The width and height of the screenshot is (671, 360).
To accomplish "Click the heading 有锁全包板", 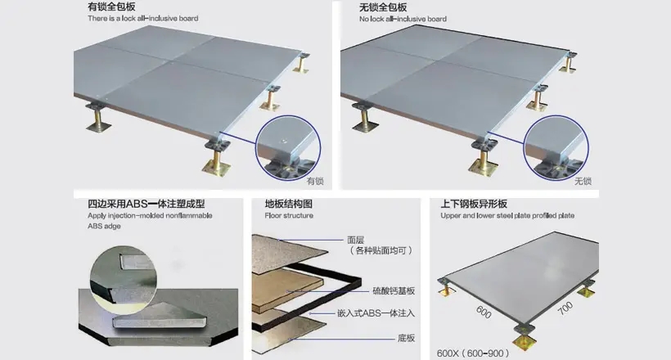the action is coord(111,7).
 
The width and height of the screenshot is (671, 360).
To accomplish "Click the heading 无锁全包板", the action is coord(383,7).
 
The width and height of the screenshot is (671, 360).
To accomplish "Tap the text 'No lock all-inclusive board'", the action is coord(403,19).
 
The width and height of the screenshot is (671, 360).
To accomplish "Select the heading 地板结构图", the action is coord(288,204).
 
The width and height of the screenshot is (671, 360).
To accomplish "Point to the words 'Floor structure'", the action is coord(289,215).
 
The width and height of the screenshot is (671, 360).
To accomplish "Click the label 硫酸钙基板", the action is coord(394,291).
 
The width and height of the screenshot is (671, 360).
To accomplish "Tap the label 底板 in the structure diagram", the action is coord(406,338).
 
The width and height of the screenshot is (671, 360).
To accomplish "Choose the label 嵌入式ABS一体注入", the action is coord(376,313).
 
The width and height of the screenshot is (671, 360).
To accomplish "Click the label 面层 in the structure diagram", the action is coord(356,241).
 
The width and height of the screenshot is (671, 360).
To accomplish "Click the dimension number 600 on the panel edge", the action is coord(484,312).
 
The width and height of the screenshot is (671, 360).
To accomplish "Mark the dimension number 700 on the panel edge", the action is coord(565,308).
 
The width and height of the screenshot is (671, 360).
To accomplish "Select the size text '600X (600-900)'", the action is coord(473,353).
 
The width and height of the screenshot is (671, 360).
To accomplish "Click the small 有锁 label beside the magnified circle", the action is coord(315,181).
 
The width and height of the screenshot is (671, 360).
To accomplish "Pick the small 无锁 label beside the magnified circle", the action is coord(583,181).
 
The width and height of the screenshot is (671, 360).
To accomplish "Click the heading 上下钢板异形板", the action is coord(474,204).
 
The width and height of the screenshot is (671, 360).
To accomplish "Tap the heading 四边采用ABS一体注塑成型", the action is coord(146,204).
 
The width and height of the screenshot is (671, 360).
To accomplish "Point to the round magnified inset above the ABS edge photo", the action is coord(124,277).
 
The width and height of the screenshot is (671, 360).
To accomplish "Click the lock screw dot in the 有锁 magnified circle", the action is coord(283,140).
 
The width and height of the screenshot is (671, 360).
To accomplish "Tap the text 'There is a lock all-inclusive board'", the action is coord(143,18).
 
